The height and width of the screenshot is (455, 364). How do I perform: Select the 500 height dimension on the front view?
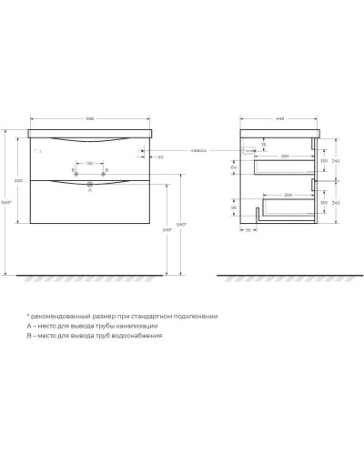pos(17,180)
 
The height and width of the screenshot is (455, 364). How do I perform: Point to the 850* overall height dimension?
pos(7,201)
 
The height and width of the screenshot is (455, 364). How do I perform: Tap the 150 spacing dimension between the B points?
pos(89,165)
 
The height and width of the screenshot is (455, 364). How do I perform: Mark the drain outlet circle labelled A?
pos(89,186)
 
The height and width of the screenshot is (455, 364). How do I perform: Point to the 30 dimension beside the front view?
pos(159,157)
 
